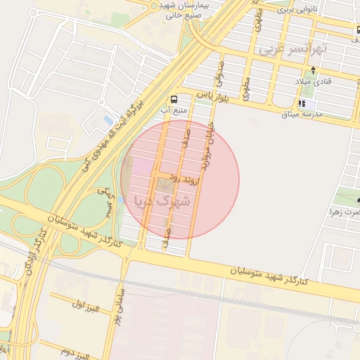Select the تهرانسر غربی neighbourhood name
point(292,50)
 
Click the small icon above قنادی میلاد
point(313,70)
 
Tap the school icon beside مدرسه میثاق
point(302,104)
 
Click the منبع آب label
point(174,111)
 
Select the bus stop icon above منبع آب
point(174,98)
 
